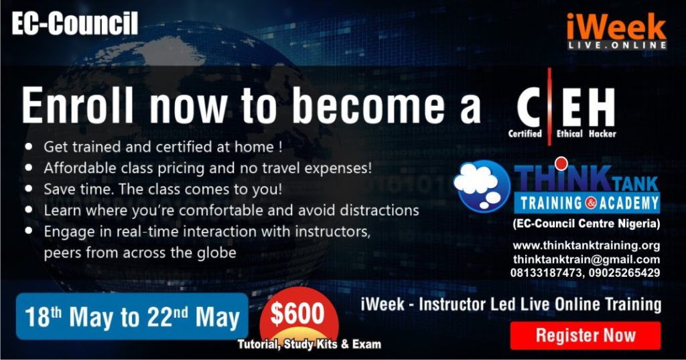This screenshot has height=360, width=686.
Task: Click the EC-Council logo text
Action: [75, 23]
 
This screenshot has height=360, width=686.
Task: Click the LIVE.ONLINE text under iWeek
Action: [617, 45]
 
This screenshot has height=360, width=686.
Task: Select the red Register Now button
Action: [586, 335]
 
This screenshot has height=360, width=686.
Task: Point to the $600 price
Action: [297, 314]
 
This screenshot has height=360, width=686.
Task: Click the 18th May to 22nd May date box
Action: [132, 316]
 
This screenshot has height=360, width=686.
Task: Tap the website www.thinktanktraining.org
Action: [586, 245]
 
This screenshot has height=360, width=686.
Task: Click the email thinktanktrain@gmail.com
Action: [586, 259]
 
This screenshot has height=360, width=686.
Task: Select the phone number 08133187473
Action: [546, 273]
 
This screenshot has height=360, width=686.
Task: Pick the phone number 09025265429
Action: [624, 273]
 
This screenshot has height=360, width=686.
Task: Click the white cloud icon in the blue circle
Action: [477, 182]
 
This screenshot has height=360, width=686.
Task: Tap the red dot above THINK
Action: [561, 164]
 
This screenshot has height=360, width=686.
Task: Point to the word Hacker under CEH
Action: [602, 133]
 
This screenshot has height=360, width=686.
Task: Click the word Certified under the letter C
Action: [525, 133]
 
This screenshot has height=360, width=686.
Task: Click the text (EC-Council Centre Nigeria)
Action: [586, 224]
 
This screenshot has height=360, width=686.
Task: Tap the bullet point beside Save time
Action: [29, 189]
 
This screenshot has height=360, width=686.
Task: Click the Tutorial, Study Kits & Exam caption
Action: [310, 344]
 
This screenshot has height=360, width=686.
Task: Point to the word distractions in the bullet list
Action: [379, 211]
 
